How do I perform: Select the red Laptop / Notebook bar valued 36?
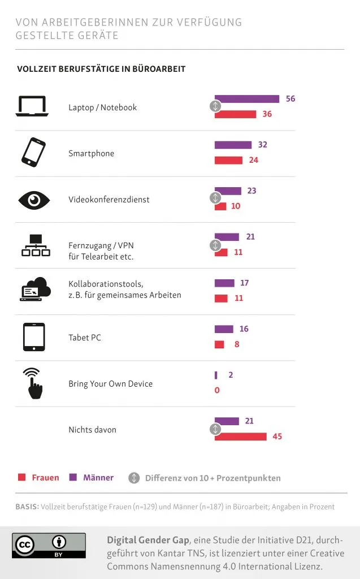coord(236,114)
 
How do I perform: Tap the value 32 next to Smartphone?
coord(262,145)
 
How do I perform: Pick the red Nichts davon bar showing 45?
coord(241,437)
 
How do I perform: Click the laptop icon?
coord(32,106)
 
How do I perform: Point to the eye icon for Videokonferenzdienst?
coord(34,200)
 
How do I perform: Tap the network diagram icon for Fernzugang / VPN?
coord(36,245)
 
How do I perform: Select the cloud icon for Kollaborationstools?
coord(35,289)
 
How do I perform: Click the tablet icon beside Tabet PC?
coord(34,337)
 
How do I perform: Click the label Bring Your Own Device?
coord(110,384)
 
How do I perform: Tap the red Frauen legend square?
coord(22,477)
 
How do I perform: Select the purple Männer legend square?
coord(73,477)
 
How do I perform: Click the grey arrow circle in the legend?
coord(134,478)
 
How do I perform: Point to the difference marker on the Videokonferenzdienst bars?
coord(215,198)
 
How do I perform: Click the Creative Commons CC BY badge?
coord(49,546)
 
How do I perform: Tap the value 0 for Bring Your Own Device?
coord(217,390)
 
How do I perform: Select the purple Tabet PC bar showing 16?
coord(224,329)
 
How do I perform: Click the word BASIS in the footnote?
coord(27,507)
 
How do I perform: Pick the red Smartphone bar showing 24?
coord(228,160)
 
